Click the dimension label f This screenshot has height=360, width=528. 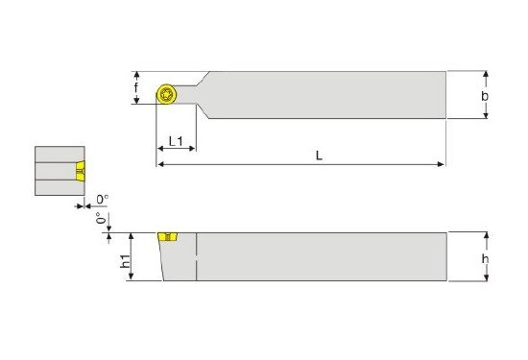tap(136, 87)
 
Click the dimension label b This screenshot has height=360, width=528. tap(485, 96)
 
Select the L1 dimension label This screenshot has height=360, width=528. tap(176, 141)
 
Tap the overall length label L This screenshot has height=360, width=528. tap(319, 156)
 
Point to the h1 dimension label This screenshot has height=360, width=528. tap(125, 261)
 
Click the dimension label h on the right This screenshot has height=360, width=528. tap(485, 258)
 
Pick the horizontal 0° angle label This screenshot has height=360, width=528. tap(103, 200)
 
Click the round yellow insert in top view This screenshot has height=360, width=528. tap(166, 94)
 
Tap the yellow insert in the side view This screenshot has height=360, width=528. tap(168, 237)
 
